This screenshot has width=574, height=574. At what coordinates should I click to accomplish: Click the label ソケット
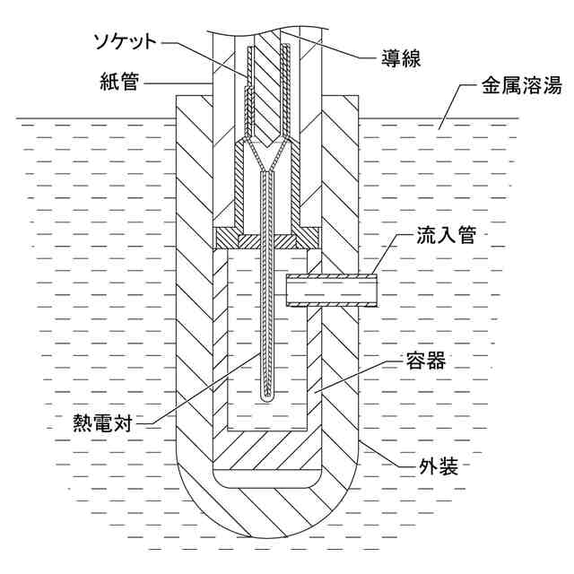point(131,41)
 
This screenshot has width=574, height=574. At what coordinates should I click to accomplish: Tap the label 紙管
point(119,85)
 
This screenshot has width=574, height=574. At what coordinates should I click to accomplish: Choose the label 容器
point(424,363)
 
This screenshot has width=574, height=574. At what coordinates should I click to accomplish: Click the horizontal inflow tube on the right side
point(332,291)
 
